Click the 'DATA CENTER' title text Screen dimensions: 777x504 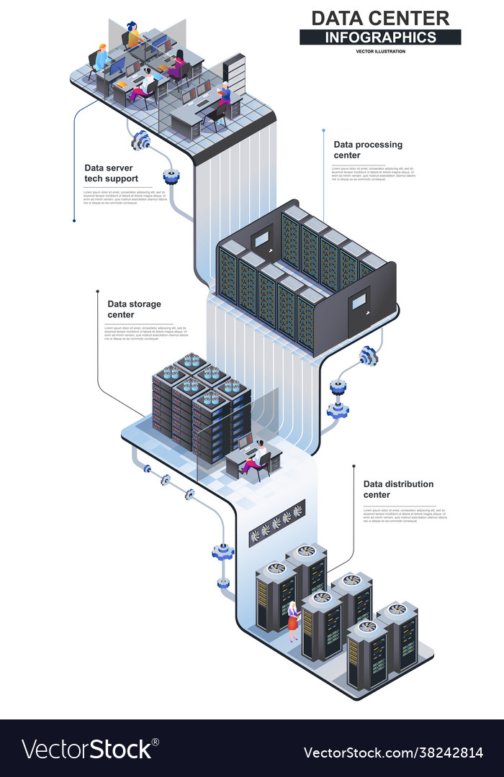(x=380, y=18)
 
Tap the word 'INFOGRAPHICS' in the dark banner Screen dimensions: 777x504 (x=380, y=37)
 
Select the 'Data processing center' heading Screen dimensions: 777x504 (x=368, y=150)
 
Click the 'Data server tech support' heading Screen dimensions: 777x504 (x=111, y=173)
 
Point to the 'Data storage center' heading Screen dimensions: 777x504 (x=134, y=309)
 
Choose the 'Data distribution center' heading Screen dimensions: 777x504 (x=398, y=489)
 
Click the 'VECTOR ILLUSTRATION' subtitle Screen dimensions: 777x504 (x=380, y=51)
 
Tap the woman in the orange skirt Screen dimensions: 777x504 (x=293, y=622)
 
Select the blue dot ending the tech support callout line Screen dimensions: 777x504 (x=74, y=221)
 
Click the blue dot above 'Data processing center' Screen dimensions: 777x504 (x=324, y=130)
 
